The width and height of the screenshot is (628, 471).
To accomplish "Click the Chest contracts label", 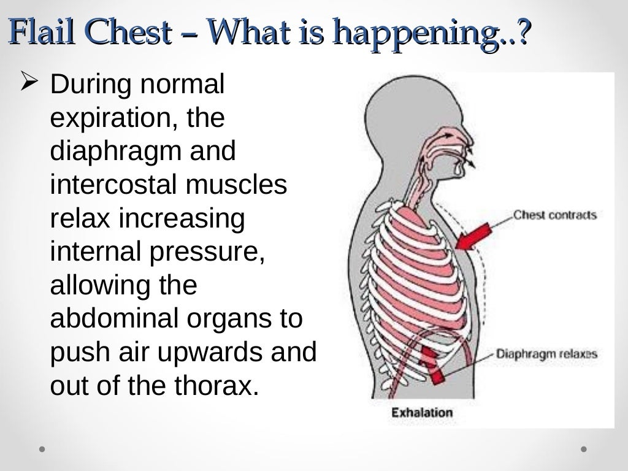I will pos(554,215).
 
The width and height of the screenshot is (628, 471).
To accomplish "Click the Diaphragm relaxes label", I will pos(546,354).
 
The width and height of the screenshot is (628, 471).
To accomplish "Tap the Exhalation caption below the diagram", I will pos(422,412).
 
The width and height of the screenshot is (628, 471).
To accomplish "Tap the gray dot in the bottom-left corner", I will pos(42,448).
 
